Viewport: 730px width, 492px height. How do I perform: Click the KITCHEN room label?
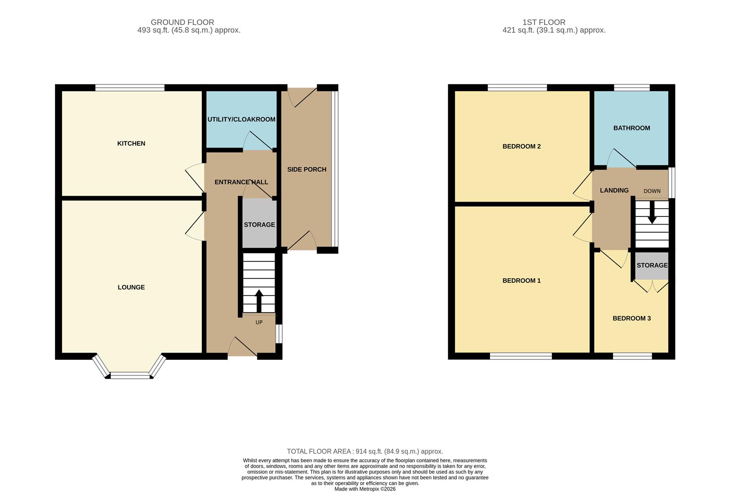[x=131, y=143]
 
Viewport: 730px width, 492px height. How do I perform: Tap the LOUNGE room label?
[x=131, y=287]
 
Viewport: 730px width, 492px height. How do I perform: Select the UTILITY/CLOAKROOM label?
[x=241, y=119]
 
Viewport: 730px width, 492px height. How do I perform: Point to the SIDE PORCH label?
[x=306, y=169]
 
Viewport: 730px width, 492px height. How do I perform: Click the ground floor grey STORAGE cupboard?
[x=259, y=225]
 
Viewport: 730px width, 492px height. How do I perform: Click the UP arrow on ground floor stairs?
[x=259, y=301]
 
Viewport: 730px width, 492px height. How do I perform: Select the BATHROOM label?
[x=631, y=128]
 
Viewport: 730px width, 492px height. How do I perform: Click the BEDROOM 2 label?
[x=521, y=146]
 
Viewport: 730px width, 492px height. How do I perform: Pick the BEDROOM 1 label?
[x=521, y=281]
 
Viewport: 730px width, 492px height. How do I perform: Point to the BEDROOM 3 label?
[x=631, y=318]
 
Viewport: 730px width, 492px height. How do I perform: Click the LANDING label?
[x=614, y=190]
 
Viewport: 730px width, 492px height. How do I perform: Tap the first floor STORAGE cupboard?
[x=652, y=266]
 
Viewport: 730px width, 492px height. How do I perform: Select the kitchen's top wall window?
[x=130, y=87]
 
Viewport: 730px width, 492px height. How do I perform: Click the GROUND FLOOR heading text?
[x=182, y=22]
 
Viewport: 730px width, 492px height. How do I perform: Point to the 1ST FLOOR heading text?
[x=544, y=22]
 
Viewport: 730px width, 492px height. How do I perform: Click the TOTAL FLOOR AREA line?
[x=365, y=451]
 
